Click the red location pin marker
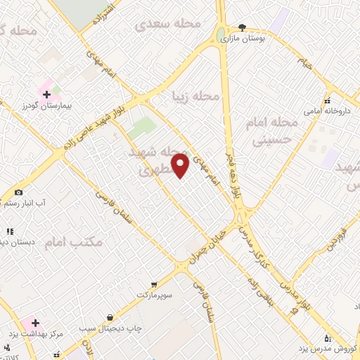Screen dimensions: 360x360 coord(181,165)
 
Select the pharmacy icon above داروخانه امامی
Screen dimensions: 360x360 coord(327,100)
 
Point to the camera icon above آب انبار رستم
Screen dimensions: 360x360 coord(18,191)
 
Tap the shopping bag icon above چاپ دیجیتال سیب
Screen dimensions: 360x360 coord(110,317)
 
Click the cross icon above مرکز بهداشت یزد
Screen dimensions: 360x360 coord(35,322)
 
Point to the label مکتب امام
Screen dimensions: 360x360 coord(78,242)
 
